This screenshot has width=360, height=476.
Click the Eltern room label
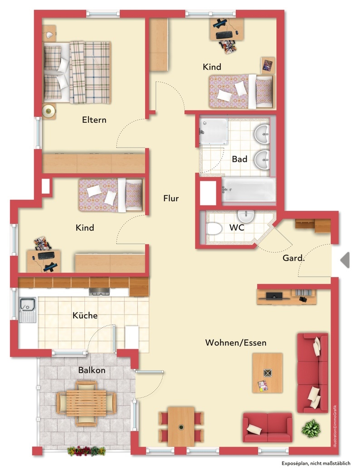tap(94, 120)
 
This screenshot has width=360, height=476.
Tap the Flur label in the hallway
tap(171, 198)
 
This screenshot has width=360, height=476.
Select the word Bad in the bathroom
tap(239, 159)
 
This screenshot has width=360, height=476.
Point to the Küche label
tap(85, 315)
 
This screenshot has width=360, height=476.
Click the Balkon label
tap(92, 370)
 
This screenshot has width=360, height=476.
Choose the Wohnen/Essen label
tap(236, 343)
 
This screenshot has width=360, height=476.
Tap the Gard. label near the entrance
tap(293, 258)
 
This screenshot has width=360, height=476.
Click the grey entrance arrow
tap(345, 260)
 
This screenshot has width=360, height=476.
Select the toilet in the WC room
tap(214, 228)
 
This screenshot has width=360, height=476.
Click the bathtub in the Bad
tap(248, 190)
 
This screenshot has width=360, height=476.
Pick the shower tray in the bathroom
tap(214, 131)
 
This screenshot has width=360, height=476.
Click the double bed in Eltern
tap(77, 72)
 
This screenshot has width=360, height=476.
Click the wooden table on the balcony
tap(86, 403)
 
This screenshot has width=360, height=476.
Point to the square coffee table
tap(268, 373)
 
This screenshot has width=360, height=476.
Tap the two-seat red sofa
tap(268, 427)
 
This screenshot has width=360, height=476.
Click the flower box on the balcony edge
tap(87, 451)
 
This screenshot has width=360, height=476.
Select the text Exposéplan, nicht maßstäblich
tap(316, 463)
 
